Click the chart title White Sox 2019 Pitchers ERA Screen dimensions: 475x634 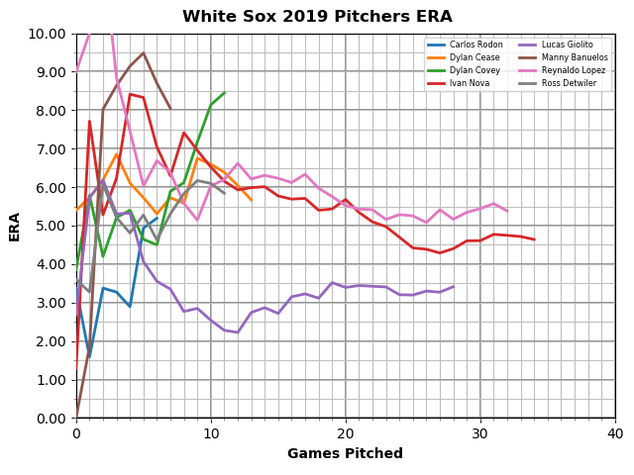pyautogui.click(x=317, y=17)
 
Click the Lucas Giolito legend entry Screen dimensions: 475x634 pyautogui.click(x=568, y=45)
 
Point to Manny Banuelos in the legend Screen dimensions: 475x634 pyautogui.click(x=575, y=57)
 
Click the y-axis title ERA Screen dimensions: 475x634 pyautogui.click(x=15, y=226)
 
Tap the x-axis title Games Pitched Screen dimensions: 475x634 pyautogui.click(x=345, y=454)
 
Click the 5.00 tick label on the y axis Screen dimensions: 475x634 pyautogui.click(x=52, y=226)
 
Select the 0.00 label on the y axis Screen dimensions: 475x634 pyautogui.click(x=52, y=418)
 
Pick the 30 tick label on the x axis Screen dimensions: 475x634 pyautogui.click(x=480, y=433)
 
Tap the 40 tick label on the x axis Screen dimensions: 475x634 pyautogui.click(x=615, y=433)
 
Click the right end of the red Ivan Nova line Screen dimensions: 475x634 pyautogui.click(x=534, y=239)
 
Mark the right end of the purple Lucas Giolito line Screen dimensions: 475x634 pyautogui.click(x=454, y=287)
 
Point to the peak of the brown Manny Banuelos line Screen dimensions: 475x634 pyautogui.click(x=143, y=53)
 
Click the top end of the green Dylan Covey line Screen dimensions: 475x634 pyautogui.click(x=224, y=93)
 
